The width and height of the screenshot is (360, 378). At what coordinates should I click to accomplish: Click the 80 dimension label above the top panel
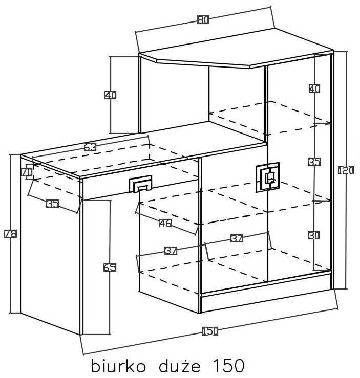click(203, 19)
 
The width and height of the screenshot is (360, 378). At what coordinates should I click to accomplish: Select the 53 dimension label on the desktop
click(90, 147)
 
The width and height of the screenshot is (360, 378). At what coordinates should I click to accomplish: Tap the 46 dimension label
click(165, 223)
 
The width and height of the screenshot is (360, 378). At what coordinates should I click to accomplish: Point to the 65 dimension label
click(110, 268)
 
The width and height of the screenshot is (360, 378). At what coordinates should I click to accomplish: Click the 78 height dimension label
click(11, 234)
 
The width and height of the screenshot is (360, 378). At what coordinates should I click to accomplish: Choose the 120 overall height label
click(346, 171)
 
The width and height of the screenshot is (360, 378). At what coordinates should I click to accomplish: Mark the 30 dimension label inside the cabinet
click(314, 235)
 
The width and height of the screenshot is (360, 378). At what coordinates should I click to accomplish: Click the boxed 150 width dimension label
click(210, 331)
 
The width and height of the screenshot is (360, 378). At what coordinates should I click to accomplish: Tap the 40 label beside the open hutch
click(110, 95)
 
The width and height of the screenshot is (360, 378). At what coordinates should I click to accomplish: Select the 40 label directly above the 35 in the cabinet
click(314, 89)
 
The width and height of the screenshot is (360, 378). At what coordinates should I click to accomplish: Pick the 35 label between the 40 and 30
click(314, 162)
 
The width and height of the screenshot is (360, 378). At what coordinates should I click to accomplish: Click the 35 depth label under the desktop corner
click(53, 204)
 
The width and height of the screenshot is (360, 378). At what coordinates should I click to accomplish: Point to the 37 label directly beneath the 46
click(171, 251)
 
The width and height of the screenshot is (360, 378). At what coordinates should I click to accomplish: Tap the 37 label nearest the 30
click(237, 238)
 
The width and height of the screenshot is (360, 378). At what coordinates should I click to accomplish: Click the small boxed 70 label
click(27, 172)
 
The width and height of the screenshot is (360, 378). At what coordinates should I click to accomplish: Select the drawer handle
click(140, 184)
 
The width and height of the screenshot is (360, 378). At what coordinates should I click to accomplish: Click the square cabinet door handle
click(267, 177)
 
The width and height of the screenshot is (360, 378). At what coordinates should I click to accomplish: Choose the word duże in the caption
click(180, 366)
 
